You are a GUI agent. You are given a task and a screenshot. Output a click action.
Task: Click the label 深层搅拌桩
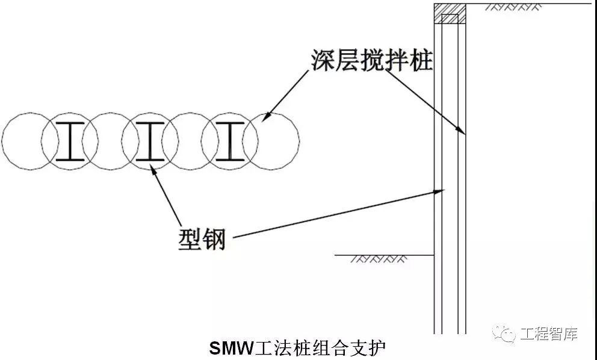pyautogui.click(x=372, y=60)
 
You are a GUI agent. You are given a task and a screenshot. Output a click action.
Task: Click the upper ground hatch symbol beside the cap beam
pyautogui.click(x=511, y=7)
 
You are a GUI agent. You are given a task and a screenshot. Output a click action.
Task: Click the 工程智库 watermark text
pyautogui.click(x=548, y=334)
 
